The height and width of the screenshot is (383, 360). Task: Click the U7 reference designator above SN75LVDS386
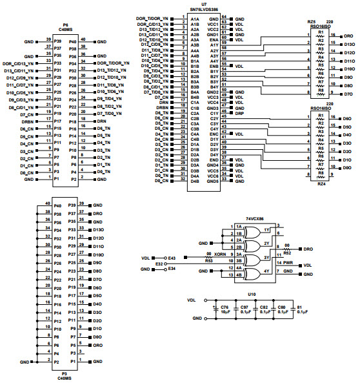[x=203, y=4]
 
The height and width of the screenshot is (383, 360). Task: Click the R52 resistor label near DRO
[x=286, y=253]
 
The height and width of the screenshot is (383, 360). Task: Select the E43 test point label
[x=171, y=258]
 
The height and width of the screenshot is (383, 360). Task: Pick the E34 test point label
[x=171, y=269]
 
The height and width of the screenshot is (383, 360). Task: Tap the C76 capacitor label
[x=225, y=307]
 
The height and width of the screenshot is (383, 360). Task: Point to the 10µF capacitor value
[x=225, y=312]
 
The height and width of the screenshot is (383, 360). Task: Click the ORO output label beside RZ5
[x=348, y=36]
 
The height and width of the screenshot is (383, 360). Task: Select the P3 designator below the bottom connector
[x=65, y=373]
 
